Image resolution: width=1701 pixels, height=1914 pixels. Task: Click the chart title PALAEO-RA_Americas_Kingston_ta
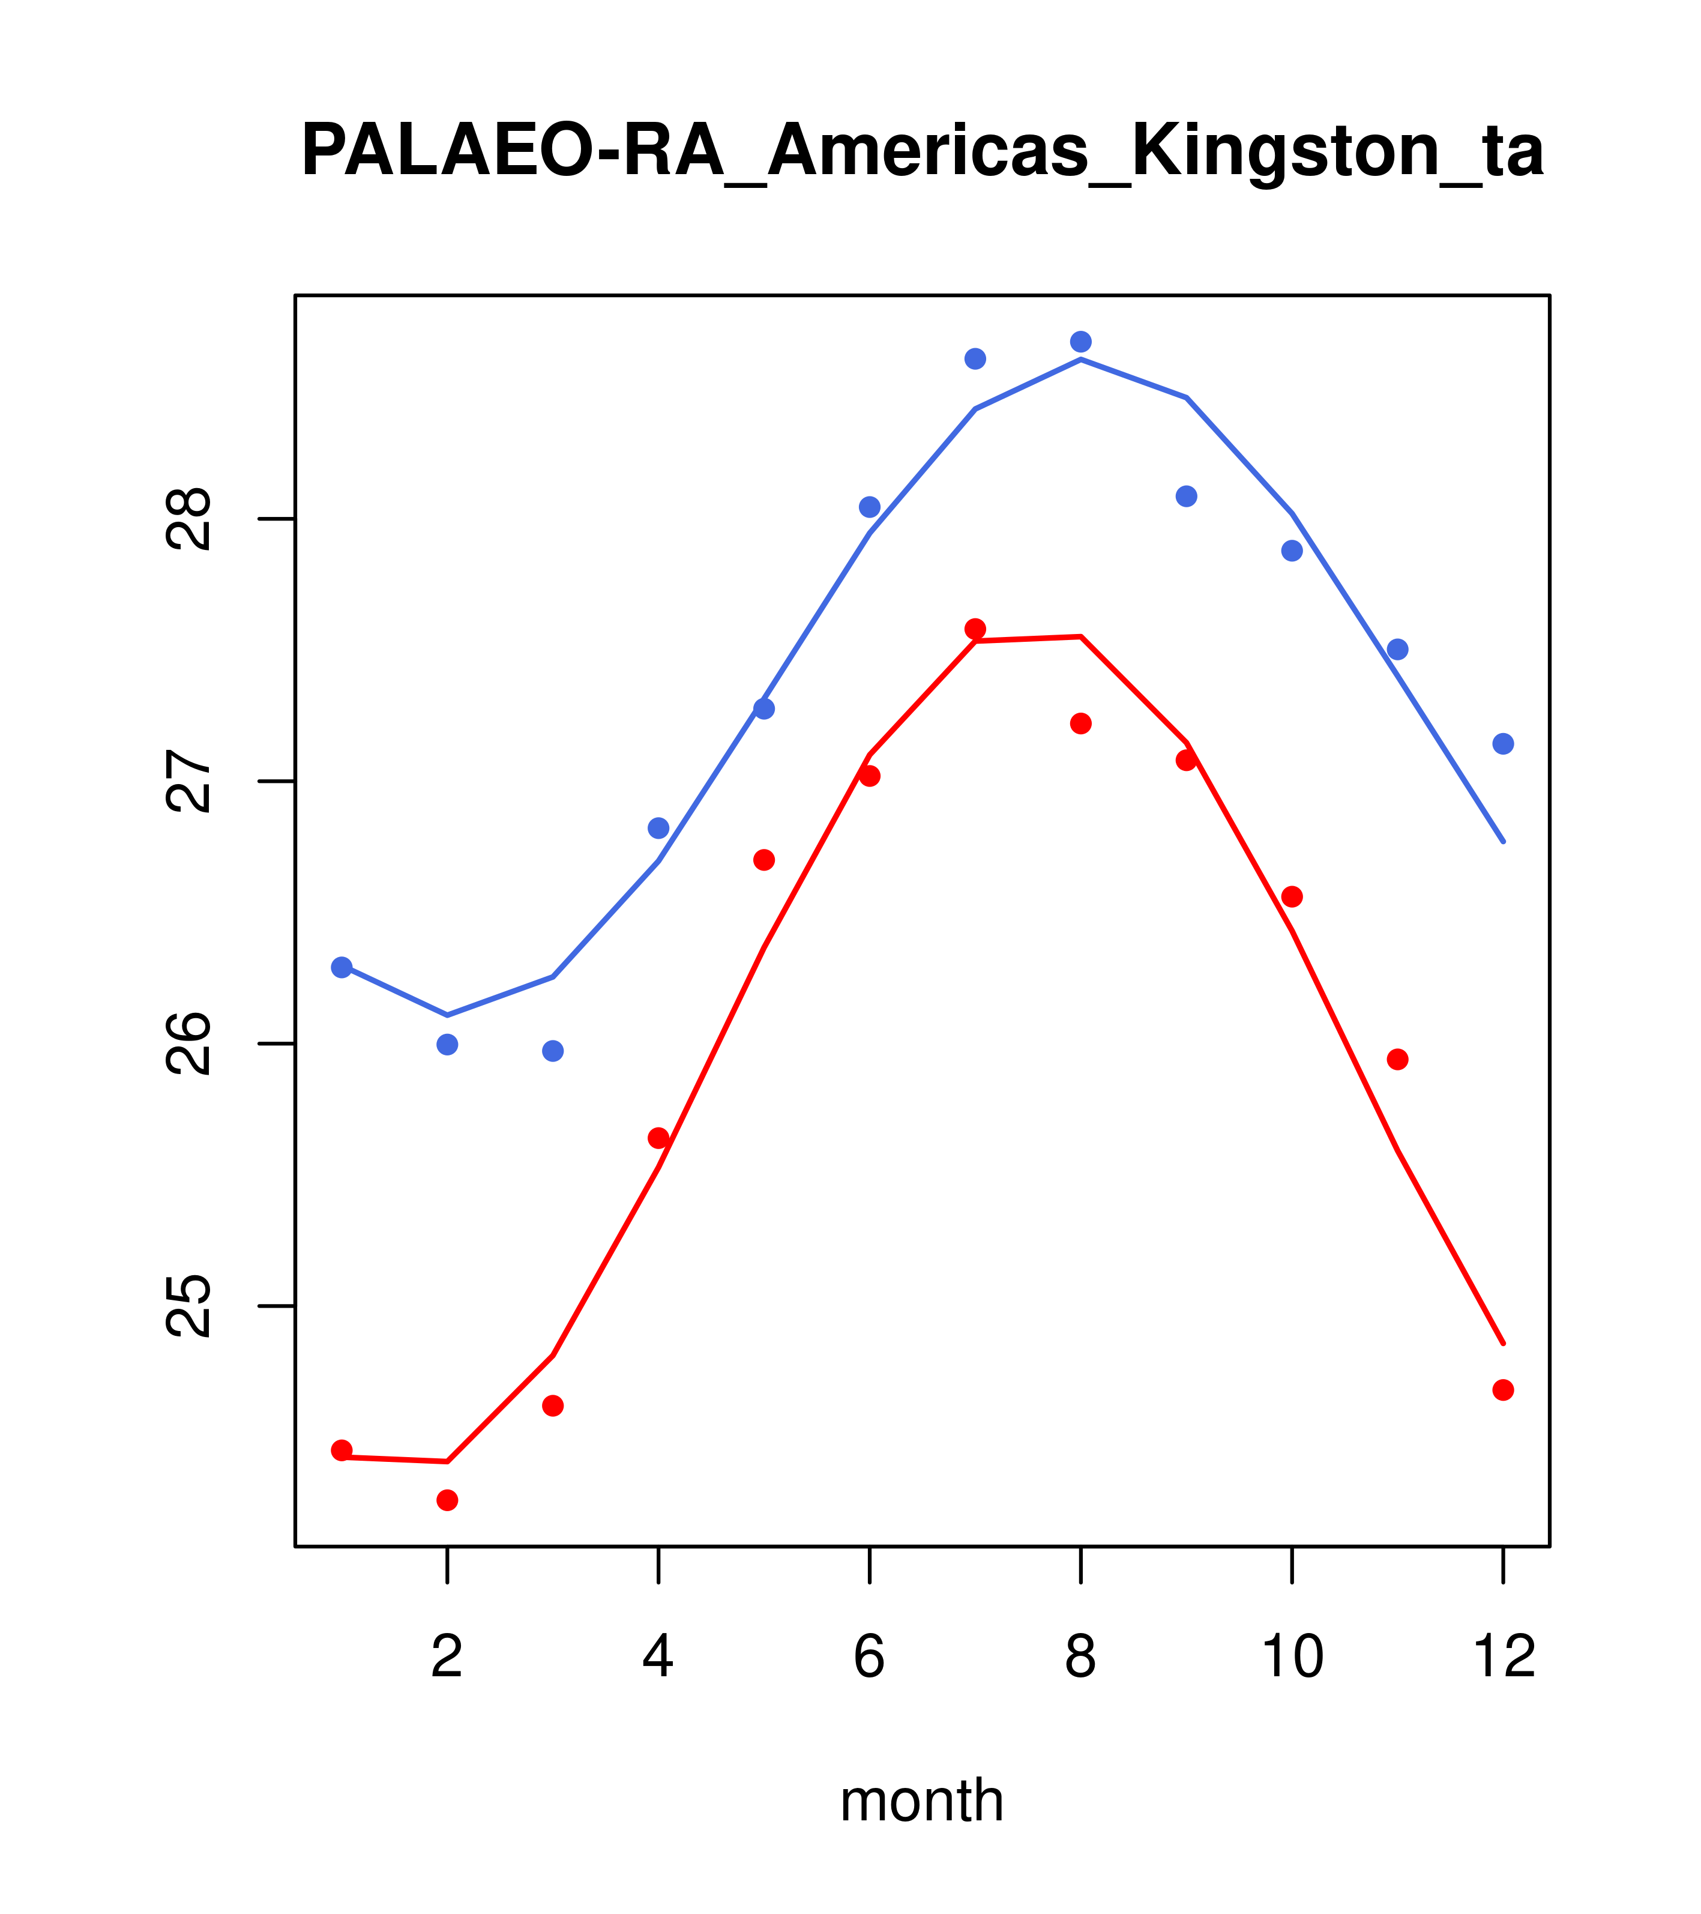click(x=921, y=152)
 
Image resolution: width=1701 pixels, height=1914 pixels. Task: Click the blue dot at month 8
click(x=1080, y=341)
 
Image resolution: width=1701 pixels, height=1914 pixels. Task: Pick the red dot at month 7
click(x=975, y=629)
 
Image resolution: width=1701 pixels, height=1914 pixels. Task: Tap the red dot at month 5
click(x=764, y=860)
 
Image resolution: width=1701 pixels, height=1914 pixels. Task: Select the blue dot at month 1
click(x=342, y=967)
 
